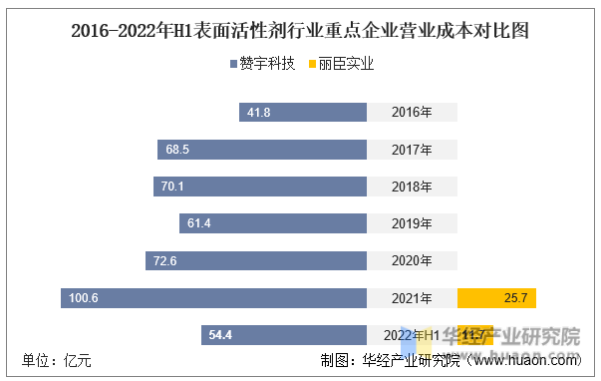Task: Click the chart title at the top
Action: (x=300, y=31)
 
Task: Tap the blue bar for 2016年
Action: (x=303, y=113)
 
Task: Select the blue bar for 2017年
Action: (x=262, y=150)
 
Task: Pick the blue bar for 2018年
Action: (x=260, y=187)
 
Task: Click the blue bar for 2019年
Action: (x=273, y=223)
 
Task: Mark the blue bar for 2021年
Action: (x=213, y=297)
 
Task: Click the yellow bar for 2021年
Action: (x=496, y=297)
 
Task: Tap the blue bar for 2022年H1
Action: (x=284, y=334)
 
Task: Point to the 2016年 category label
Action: (x=412, y=113)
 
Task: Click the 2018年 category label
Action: (x=412, y=187)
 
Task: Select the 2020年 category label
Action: (x=412, y=260)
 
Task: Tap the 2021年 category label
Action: (x=412, y=297)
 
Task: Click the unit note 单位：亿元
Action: (x=57, y=361)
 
